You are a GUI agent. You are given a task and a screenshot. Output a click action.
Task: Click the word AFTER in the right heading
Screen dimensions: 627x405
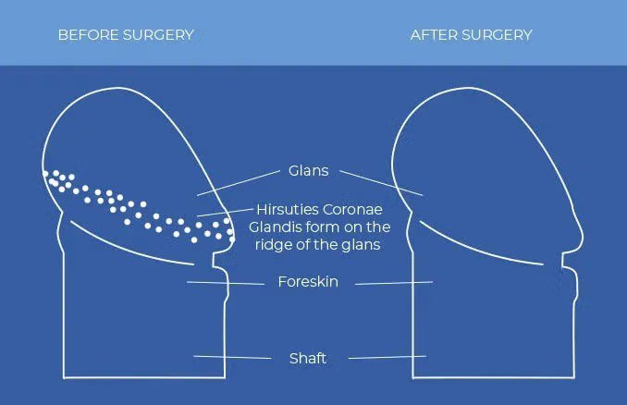point(433,35)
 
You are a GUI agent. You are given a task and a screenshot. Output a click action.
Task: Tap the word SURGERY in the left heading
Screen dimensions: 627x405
point(158,35)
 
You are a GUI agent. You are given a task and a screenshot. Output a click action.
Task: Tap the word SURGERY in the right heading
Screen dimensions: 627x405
point(497,35)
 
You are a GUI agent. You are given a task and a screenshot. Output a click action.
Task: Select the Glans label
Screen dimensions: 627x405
point(308,171)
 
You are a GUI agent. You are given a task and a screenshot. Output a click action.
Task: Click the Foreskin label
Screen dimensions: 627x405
point(308,281)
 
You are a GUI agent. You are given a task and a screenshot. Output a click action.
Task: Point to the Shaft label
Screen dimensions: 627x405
point(308,358)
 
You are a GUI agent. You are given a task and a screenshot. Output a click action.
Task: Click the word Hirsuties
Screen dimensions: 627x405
point(287,210)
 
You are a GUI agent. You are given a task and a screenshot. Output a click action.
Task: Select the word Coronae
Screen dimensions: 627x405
point(352,210)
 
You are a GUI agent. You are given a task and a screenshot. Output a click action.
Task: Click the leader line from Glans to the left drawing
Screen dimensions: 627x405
point(239,183)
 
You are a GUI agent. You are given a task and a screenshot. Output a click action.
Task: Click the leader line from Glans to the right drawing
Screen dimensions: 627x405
point(381,183)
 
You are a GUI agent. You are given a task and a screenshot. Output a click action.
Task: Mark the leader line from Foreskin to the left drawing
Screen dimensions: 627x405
point(226,283)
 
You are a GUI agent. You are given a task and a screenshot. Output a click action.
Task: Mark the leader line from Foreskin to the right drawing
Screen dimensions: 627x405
point(394,283)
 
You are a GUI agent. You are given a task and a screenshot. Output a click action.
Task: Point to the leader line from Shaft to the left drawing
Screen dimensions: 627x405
point(232,357)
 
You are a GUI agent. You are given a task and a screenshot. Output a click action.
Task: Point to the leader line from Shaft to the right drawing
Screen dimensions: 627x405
point(387,357)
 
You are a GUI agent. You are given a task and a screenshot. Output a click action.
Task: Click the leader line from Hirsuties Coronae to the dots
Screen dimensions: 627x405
point(225,213)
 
